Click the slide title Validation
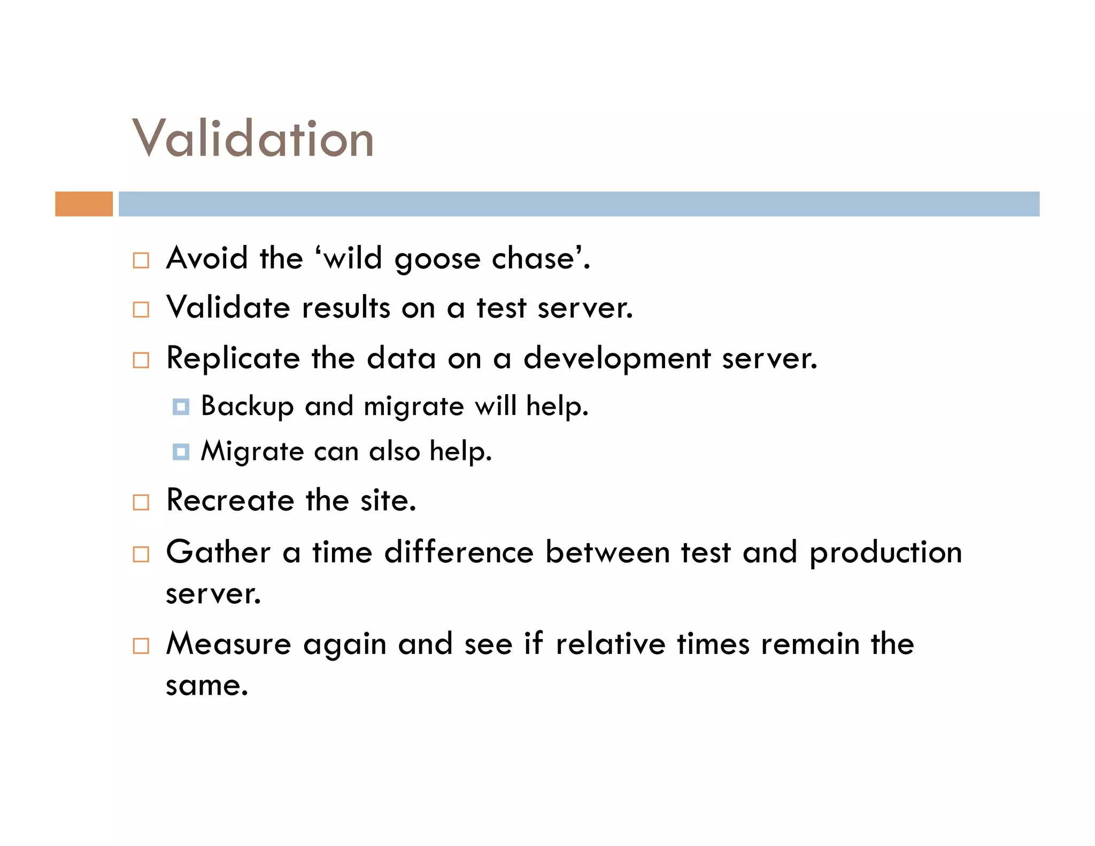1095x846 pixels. [x=253, y=139]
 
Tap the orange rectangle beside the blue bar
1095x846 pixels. [x=84, y=204]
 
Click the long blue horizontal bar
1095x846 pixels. [x=579, y=204]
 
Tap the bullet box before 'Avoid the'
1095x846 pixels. [x=141, y=260]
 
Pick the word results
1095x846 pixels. [x=346, y=308]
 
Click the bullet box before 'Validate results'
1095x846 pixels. [x=141, y=310]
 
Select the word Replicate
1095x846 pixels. [x=233, y=359]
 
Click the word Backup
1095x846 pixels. [x=247, y=406]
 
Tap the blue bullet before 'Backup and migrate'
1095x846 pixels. [x=181, y=407]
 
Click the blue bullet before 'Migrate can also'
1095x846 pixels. [x=181, y=452]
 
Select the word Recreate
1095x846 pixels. [x=230, y=501]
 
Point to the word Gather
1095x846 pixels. [x=218, y=552]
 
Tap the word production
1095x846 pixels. [x=885, y=553]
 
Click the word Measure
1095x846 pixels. [x=229, y=643]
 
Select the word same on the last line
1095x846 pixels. [x=206, y=686]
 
